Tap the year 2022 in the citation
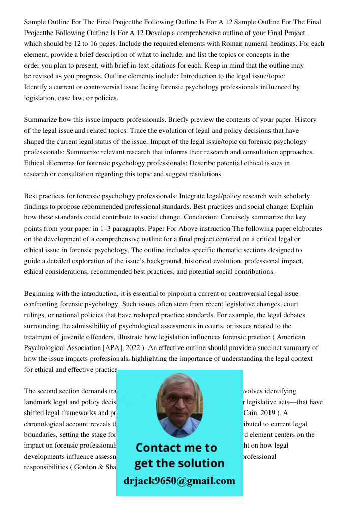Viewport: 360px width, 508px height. tap(129, 348)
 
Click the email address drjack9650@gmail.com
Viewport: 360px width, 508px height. tap(179, 481)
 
